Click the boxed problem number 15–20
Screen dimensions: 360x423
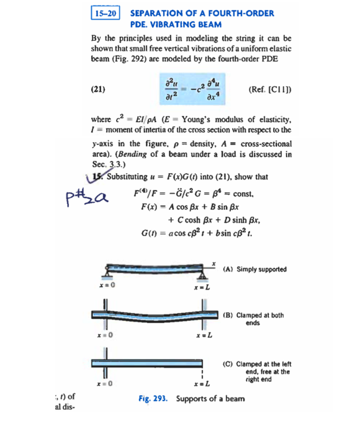coord(106,13)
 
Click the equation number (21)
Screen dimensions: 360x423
coord(98,89)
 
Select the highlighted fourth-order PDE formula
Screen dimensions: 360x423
coord(191,89)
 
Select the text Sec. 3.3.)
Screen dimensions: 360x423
coord(105,164)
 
